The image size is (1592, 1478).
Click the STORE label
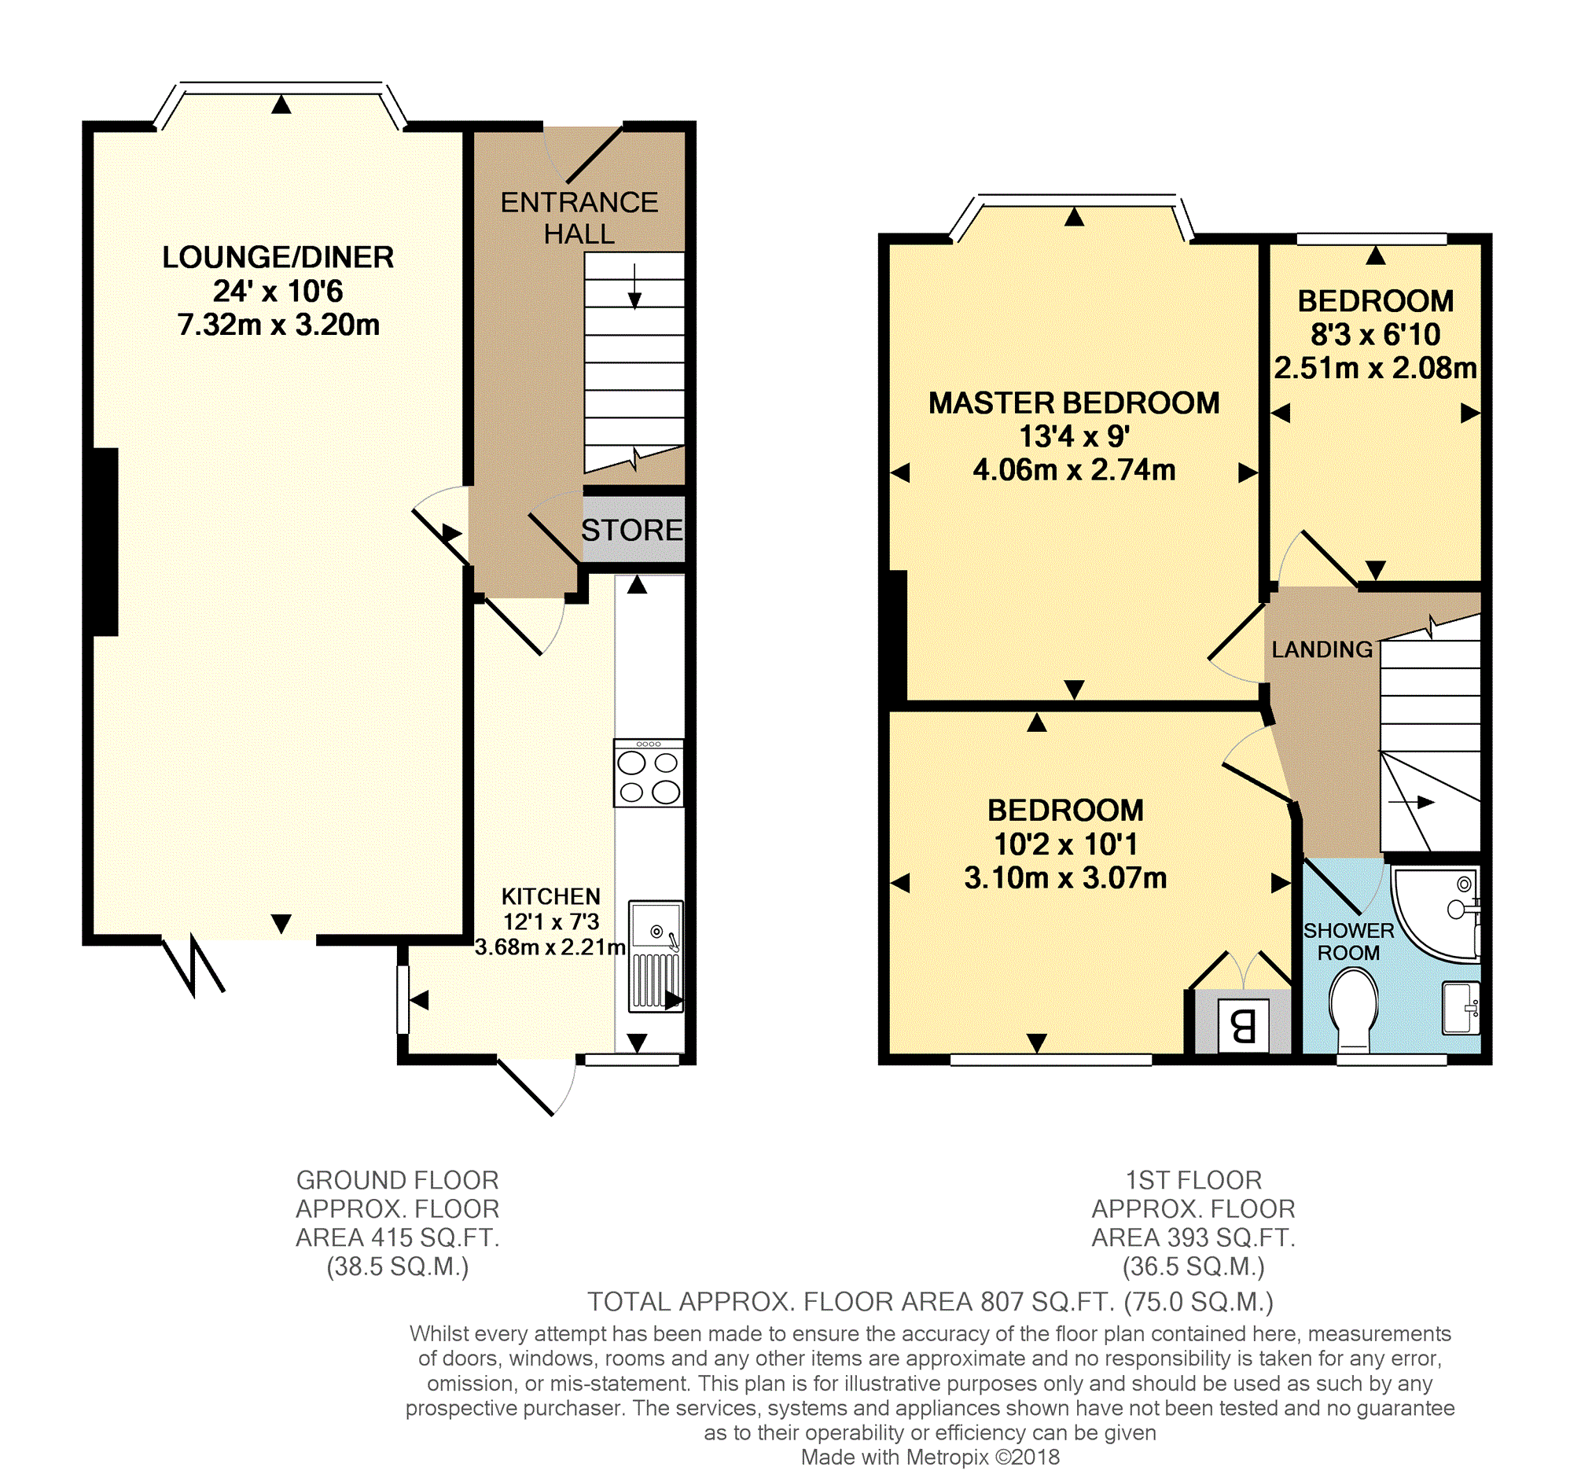point(631,530)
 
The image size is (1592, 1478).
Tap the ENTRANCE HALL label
point(579,218)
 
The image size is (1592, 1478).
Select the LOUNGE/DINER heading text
point(278,257)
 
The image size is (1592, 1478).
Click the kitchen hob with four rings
point(649,773)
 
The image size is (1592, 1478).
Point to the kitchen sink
point(656,957)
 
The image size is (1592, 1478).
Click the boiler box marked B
point(1244,1024)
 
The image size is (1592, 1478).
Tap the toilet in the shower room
point(1354,1010)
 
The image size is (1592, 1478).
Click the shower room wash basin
point(1461,1008)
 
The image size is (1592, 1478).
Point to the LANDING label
point(1322,649)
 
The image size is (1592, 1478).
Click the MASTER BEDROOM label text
point(1074,403)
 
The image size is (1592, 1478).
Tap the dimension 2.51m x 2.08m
point(1375,368)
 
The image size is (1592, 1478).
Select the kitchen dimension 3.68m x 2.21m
point(550,947)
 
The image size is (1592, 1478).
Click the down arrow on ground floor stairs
point(634,285)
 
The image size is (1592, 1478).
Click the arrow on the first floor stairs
point(1411,801)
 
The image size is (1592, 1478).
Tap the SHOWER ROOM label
point(1349,941)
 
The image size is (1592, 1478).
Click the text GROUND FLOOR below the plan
point(397,1180)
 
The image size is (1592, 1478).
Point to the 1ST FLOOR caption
point(1193,1180)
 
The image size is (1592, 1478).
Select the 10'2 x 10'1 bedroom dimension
point(1065,844)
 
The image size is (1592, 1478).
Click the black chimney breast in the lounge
point(105,542)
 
